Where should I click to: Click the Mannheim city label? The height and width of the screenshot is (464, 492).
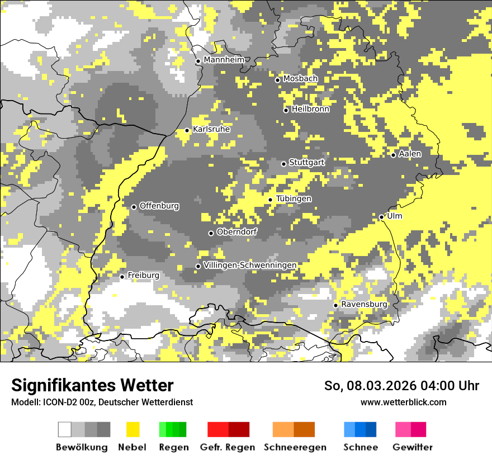[224, 60]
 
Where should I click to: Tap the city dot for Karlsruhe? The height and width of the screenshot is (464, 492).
[187, 130]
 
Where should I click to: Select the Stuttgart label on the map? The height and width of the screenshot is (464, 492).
[306, 163]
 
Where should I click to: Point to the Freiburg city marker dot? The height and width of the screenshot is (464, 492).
[122, 277]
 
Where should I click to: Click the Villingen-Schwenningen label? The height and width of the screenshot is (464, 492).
[250, 265]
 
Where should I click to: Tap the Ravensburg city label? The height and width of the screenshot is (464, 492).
[364, 304]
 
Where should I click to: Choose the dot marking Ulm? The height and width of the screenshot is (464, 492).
[381, 217]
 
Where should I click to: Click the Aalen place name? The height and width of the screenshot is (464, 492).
[410, 154]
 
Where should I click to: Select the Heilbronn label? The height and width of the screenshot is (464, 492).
[310, 109]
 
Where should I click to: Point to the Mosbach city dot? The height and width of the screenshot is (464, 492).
[277, 80]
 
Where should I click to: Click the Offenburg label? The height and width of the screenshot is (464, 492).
[159, 206]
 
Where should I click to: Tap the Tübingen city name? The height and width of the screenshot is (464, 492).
[294, 199]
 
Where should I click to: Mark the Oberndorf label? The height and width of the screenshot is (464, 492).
[237, 232]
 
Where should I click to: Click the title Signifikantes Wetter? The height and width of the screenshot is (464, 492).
[92, 385]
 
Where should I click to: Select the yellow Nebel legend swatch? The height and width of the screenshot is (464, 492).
[133, 429]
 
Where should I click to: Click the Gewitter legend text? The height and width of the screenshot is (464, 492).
[412, 447]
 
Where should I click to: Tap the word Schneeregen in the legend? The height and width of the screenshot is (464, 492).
[295, 447]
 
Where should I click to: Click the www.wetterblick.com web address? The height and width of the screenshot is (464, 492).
[403, 402]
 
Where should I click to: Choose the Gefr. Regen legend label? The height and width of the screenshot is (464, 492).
[228, 447]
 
